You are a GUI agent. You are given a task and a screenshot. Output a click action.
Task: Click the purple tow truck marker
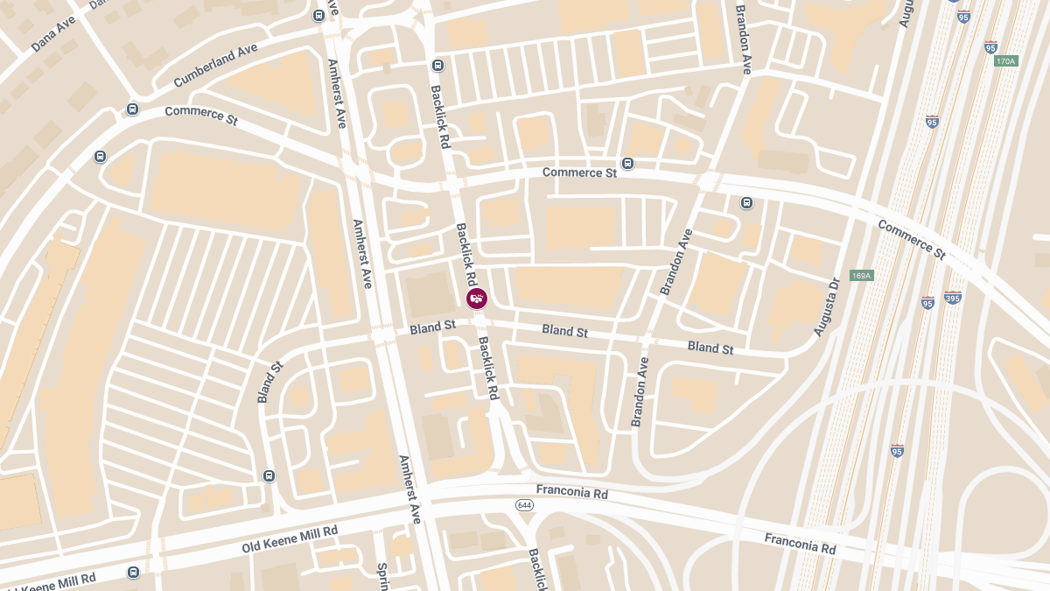coord(477,299)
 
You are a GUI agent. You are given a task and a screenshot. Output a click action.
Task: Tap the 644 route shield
coord(524,505)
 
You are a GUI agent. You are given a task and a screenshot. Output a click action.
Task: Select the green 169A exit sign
coord(861,276)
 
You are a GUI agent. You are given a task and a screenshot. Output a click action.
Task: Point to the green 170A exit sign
coord(1006,61)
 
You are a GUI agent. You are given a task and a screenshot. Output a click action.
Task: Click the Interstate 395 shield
coord(953,298)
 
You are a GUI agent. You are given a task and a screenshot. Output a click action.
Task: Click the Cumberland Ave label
coord(215,65)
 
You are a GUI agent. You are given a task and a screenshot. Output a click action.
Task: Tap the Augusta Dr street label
coord(827,308)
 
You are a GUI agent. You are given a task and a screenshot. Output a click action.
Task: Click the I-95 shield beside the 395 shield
coord(927,303)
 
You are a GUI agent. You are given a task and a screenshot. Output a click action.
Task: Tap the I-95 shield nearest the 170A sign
coord(990,46)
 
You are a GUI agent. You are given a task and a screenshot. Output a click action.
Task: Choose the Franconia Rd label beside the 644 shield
coord(572,493)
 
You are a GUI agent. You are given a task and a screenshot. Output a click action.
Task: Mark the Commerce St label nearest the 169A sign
coord(912,240)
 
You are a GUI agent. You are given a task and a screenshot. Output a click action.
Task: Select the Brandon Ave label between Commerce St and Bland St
coord(676,261)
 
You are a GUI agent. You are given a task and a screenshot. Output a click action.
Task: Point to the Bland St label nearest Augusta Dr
coord(710,348)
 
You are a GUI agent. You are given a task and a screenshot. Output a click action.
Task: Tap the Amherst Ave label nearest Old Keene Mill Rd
coord(409,489)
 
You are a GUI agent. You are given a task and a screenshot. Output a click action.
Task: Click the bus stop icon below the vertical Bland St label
coord(269,476)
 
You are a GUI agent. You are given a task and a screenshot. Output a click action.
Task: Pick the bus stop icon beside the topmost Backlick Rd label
coord(438,65)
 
